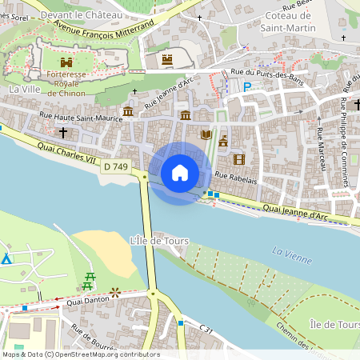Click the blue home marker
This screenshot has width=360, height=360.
180,173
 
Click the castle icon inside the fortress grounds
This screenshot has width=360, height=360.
66,62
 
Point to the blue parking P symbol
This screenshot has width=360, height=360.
247,86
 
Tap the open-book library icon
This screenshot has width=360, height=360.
207,134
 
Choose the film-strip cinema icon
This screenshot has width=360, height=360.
238,159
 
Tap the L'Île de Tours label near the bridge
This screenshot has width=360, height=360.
158,240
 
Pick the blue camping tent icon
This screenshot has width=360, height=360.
6,258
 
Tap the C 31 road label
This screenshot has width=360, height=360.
206,328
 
